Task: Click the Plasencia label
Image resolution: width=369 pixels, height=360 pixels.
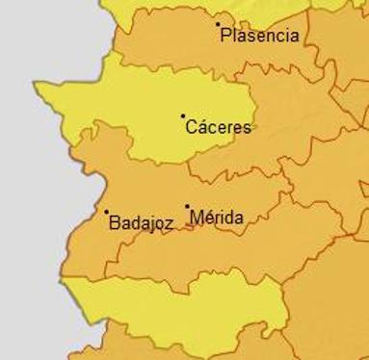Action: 259,37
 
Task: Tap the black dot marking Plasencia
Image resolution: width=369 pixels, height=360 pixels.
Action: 218,24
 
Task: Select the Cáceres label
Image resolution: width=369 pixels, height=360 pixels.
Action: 218,127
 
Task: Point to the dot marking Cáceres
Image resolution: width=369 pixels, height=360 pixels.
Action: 183,116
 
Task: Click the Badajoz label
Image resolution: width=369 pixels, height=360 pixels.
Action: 142,223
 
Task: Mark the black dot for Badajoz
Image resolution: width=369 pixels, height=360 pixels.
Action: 107,212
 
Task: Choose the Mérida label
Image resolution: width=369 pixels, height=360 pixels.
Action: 216,218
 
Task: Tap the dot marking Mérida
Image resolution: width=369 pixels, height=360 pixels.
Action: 188,206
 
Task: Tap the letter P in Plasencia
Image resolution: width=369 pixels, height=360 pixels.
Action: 225,37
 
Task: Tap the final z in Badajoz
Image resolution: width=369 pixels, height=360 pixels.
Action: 169,223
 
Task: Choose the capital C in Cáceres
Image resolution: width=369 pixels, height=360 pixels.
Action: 191,127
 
